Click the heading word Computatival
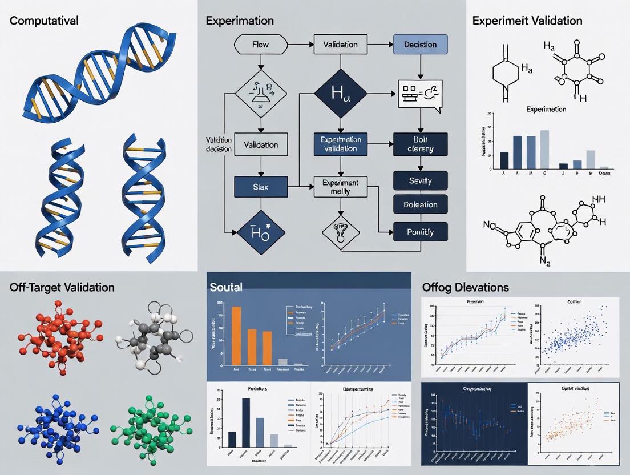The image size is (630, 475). click(x=44, y=21)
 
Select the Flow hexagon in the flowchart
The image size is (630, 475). click(x=260, y=44)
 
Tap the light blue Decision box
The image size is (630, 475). click(x=420, y=44)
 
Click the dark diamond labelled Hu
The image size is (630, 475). click(x=340, y=94)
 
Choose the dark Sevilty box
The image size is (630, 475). click(x=420, y=181)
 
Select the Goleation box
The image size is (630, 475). click(x=420, y=204)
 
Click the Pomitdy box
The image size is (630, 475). click(x=420, y=232)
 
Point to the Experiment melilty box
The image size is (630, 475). click(x=340, y=187)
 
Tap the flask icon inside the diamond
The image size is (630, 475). click(x=260, y=94)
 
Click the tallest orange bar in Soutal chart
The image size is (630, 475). click(x=236, y=335)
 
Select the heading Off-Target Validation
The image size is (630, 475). click(x=62, y=287)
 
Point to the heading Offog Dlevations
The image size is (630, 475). click(x=465, y=287)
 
